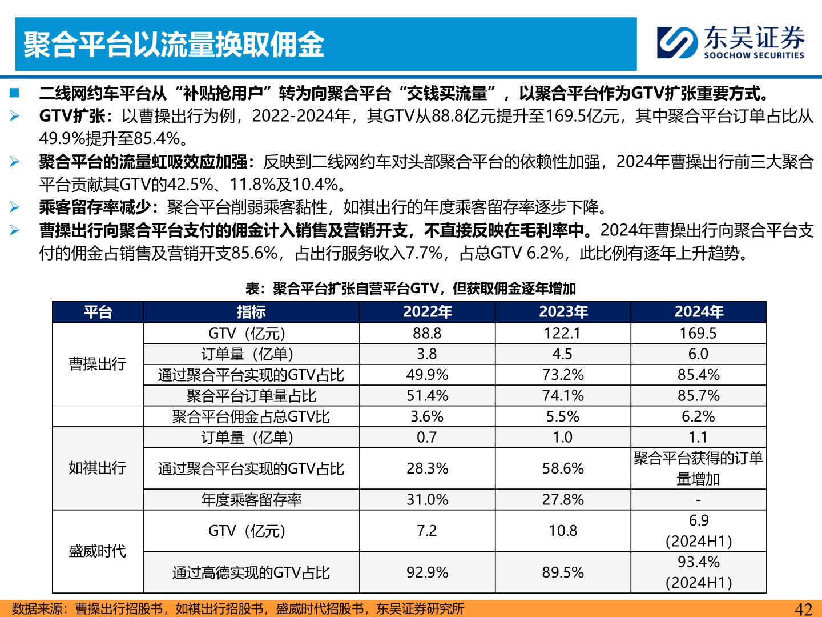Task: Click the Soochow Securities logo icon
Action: coord(677,42)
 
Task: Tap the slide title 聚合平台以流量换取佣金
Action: coord(174,45)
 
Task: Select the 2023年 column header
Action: coord(563,312)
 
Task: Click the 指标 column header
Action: coord(251,312)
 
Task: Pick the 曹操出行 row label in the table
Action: coord(98,364)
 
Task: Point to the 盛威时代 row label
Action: coord(98,551)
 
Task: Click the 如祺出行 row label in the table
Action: coord(98,468)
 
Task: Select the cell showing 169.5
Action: coord(698,334)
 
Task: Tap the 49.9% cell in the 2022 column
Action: coord(427,375)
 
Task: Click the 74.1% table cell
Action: coord(563,396)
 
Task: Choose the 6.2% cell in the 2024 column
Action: coord(698,416)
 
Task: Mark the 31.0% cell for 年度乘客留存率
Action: coord(427,500)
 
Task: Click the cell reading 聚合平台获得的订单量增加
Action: coord(698,468)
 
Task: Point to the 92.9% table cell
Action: coord(427,572)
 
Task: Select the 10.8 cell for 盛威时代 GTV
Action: coord(563,531)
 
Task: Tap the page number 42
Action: coord(803,609)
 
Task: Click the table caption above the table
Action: coord(410,289)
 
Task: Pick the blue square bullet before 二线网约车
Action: coord(14,93)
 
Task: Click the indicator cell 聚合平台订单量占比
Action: coord(251,396)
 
